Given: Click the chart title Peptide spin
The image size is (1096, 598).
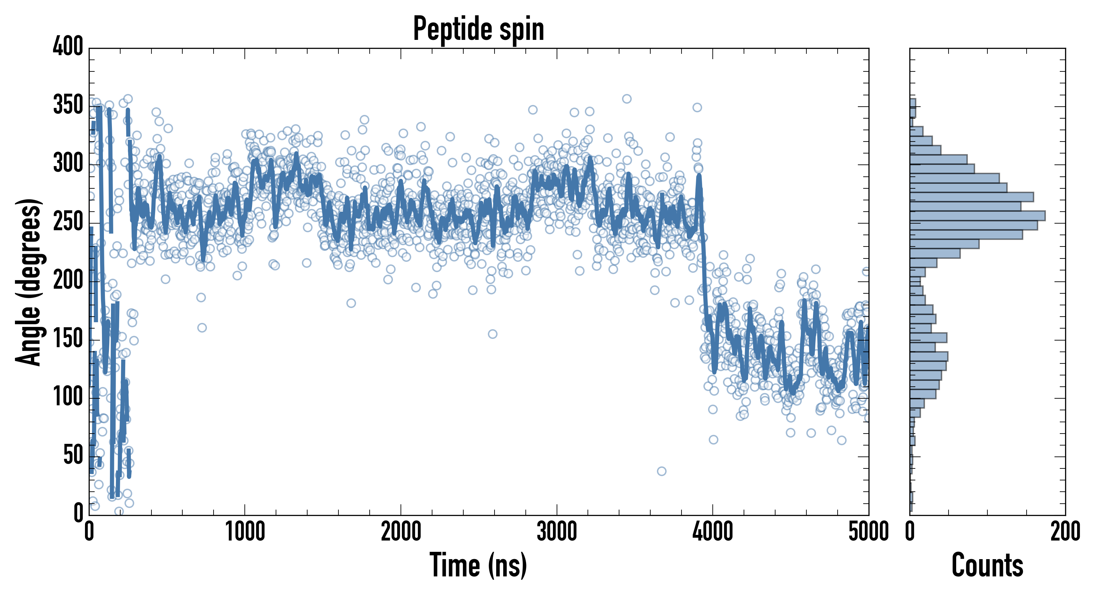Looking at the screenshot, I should coord(479,29).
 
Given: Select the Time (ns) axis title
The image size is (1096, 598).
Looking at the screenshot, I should coord(478,565).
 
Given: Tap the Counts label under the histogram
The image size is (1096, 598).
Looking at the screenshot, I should coord(987,565).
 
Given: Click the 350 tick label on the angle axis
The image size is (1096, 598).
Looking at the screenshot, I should coord(68,105).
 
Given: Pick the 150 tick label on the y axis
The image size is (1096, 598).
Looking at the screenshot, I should coord(68,339).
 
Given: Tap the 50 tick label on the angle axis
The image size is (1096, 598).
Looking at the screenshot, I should coord(73,455).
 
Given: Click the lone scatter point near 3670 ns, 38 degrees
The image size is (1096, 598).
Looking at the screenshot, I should coord(662,471).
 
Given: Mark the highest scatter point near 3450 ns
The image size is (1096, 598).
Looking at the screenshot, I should coord(627,99).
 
